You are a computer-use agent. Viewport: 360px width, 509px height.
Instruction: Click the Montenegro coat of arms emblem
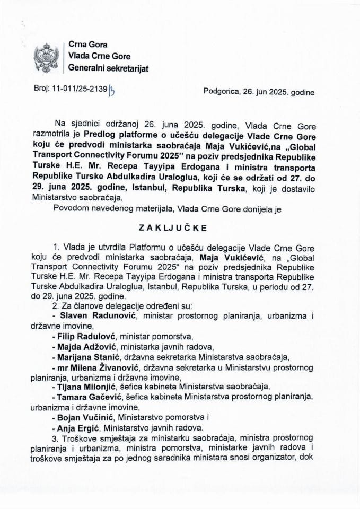coord(45,58)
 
